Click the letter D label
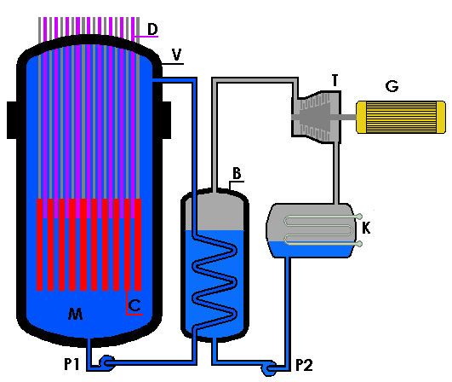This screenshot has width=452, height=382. pos(152,29)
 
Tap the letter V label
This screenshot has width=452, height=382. pos(176,55)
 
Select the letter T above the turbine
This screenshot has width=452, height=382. pos(335,80)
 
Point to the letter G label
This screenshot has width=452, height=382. pos(392,86)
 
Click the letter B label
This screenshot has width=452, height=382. pos(237,174)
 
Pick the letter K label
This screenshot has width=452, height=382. pos(366,229)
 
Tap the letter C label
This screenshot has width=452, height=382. pos(134,305)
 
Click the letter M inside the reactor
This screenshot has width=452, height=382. pos(76,314)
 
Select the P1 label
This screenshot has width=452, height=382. pos(72,364)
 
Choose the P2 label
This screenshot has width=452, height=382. pos(304,365)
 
